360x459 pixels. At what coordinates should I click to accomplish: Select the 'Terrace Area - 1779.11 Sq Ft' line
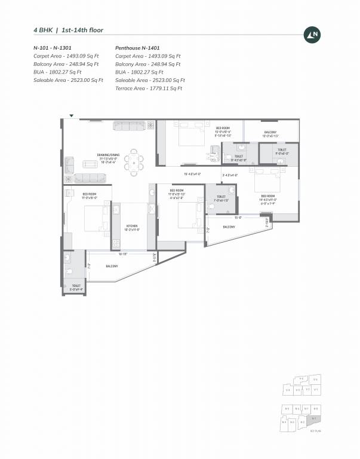pos(149,88)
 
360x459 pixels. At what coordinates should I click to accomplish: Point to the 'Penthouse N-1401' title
pos(137,47)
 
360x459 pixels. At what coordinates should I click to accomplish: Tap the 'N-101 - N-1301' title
pos(52,47)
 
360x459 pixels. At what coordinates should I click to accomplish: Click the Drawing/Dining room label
pos(109,155)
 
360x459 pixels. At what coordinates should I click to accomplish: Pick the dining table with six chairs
pos(136,160)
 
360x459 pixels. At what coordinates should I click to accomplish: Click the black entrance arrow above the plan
pos(72,115)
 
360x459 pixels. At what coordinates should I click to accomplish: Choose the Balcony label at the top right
pos(270,132)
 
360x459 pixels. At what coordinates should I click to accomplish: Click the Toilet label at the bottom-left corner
pos(76,286)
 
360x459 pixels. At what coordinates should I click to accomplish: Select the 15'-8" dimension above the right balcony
pos(237,218)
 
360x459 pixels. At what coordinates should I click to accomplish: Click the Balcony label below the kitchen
pos(112,266)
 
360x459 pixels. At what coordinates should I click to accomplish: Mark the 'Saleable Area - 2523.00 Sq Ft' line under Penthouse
pos(150,80)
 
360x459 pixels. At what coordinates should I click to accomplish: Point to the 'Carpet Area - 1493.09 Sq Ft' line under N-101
pos(66,56)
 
